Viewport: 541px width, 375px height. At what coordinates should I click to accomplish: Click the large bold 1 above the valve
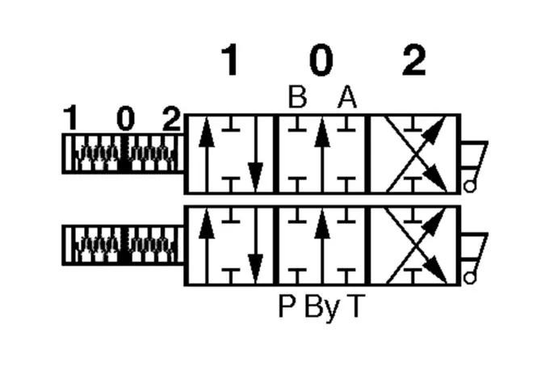[x=230, y=60]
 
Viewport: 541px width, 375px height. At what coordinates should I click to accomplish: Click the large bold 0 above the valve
[x=321, y=60]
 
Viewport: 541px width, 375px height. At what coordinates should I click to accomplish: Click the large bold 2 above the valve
[x=414, y=60]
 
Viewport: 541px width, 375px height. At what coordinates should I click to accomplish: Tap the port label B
[x=297, y=97]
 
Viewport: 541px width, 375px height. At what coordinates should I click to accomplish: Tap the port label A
[x=347, y=97]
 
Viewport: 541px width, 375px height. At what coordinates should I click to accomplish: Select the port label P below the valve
[x=287, y=305]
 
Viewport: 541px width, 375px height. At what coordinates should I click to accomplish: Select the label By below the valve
[x=323, y=308]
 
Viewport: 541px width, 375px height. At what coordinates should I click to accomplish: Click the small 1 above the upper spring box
[x=71, y=118]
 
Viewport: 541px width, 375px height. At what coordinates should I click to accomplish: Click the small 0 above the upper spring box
[x=126, y=118]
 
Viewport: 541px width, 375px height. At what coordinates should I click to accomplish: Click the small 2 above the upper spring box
[x=171, y=118]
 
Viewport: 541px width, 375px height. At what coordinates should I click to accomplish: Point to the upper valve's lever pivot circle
[x=469, y=187]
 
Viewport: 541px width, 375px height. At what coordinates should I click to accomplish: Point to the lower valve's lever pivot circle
[x=469, y=278]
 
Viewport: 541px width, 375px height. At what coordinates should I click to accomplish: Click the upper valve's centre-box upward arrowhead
[x=322, y=133]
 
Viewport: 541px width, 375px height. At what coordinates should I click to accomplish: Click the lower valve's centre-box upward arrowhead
[x=322, y=224]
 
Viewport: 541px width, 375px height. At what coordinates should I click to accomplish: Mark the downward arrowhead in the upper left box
[x=255, y=177]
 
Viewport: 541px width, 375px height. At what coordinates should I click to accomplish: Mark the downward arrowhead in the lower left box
[x=255, y=268]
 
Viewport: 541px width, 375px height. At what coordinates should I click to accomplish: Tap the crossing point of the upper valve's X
[x=416, y=154]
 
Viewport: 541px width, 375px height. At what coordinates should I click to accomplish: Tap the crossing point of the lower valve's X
[x=416, y=246]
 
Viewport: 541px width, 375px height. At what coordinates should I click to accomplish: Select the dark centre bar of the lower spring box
[x=125, y=245]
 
